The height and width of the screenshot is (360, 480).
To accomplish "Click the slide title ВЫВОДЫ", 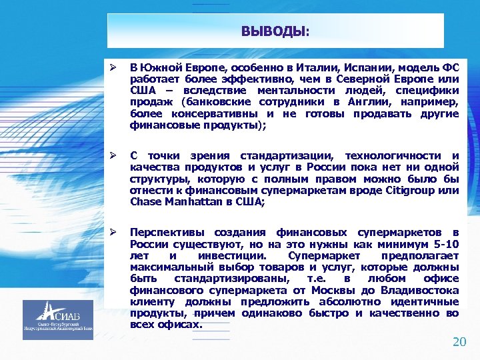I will (x=275, y=31).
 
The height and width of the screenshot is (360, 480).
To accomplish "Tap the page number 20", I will (x=459, y=342).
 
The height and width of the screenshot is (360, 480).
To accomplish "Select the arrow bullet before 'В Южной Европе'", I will (x=114, y=68).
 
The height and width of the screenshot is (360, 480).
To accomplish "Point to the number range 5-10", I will (x=443, y=244).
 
